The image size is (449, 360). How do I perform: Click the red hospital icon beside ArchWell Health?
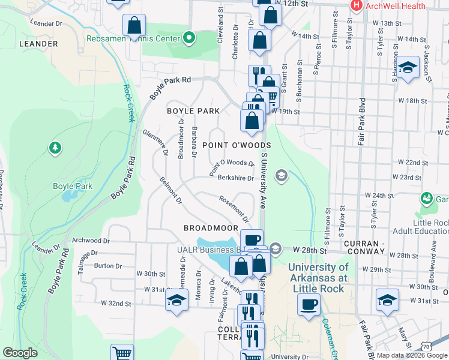click(356, 6)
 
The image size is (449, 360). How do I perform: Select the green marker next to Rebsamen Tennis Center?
click(190, 39)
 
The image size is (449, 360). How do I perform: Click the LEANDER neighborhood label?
click(38, 44)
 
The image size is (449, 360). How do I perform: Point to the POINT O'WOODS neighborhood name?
click(237, 145)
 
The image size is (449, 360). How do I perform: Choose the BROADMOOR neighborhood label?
click(211, 228)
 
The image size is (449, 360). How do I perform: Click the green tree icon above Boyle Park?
click(55, 147)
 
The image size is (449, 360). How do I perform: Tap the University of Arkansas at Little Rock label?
click(319, 278)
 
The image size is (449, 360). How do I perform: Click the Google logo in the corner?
click(20, 353)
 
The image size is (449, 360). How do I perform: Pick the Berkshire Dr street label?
click(235, 178)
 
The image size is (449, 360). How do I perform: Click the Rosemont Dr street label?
click(234, 206)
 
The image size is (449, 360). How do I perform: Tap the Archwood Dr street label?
click(88, 240)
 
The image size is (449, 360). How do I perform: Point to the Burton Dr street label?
click(108, 265)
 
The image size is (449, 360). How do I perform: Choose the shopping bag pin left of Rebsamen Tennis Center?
click(134, 26)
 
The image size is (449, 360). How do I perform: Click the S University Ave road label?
click(263, 180)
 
